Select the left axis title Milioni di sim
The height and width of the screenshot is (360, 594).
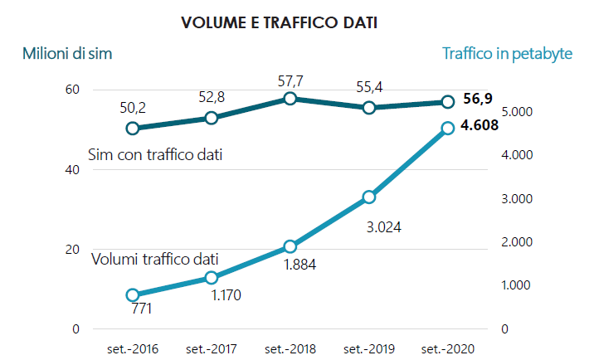coord(67,55)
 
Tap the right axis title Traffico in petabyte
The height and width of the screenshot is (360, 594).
coord(507,54)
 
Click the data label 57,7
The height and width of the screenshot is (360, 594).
coord(290,80)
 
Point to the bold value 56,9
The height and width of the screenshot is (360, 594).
coord(478,100)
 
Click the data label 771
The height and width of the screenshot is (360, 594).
coord(142,309)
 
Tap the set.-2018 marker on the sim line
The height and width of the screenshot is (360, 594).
coord(290,99)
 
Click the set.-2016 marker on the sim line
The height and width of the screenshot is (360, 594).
coord(133,128)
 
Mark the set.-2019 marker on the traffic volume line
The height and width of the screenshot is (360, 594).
coord(369,197)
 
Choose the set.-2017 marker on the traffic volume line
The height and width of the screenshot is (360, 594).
coord(212,278)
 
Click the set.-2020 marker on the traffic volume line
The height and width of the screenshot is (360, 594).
coord(447,128)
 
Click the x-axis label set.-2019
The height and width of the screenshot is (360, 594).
coord(369,348)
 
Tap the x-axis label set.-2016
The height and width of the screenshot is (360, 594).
coord(133,348)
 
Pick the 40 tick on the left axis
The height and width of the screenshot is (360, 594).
coord(73,169)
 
